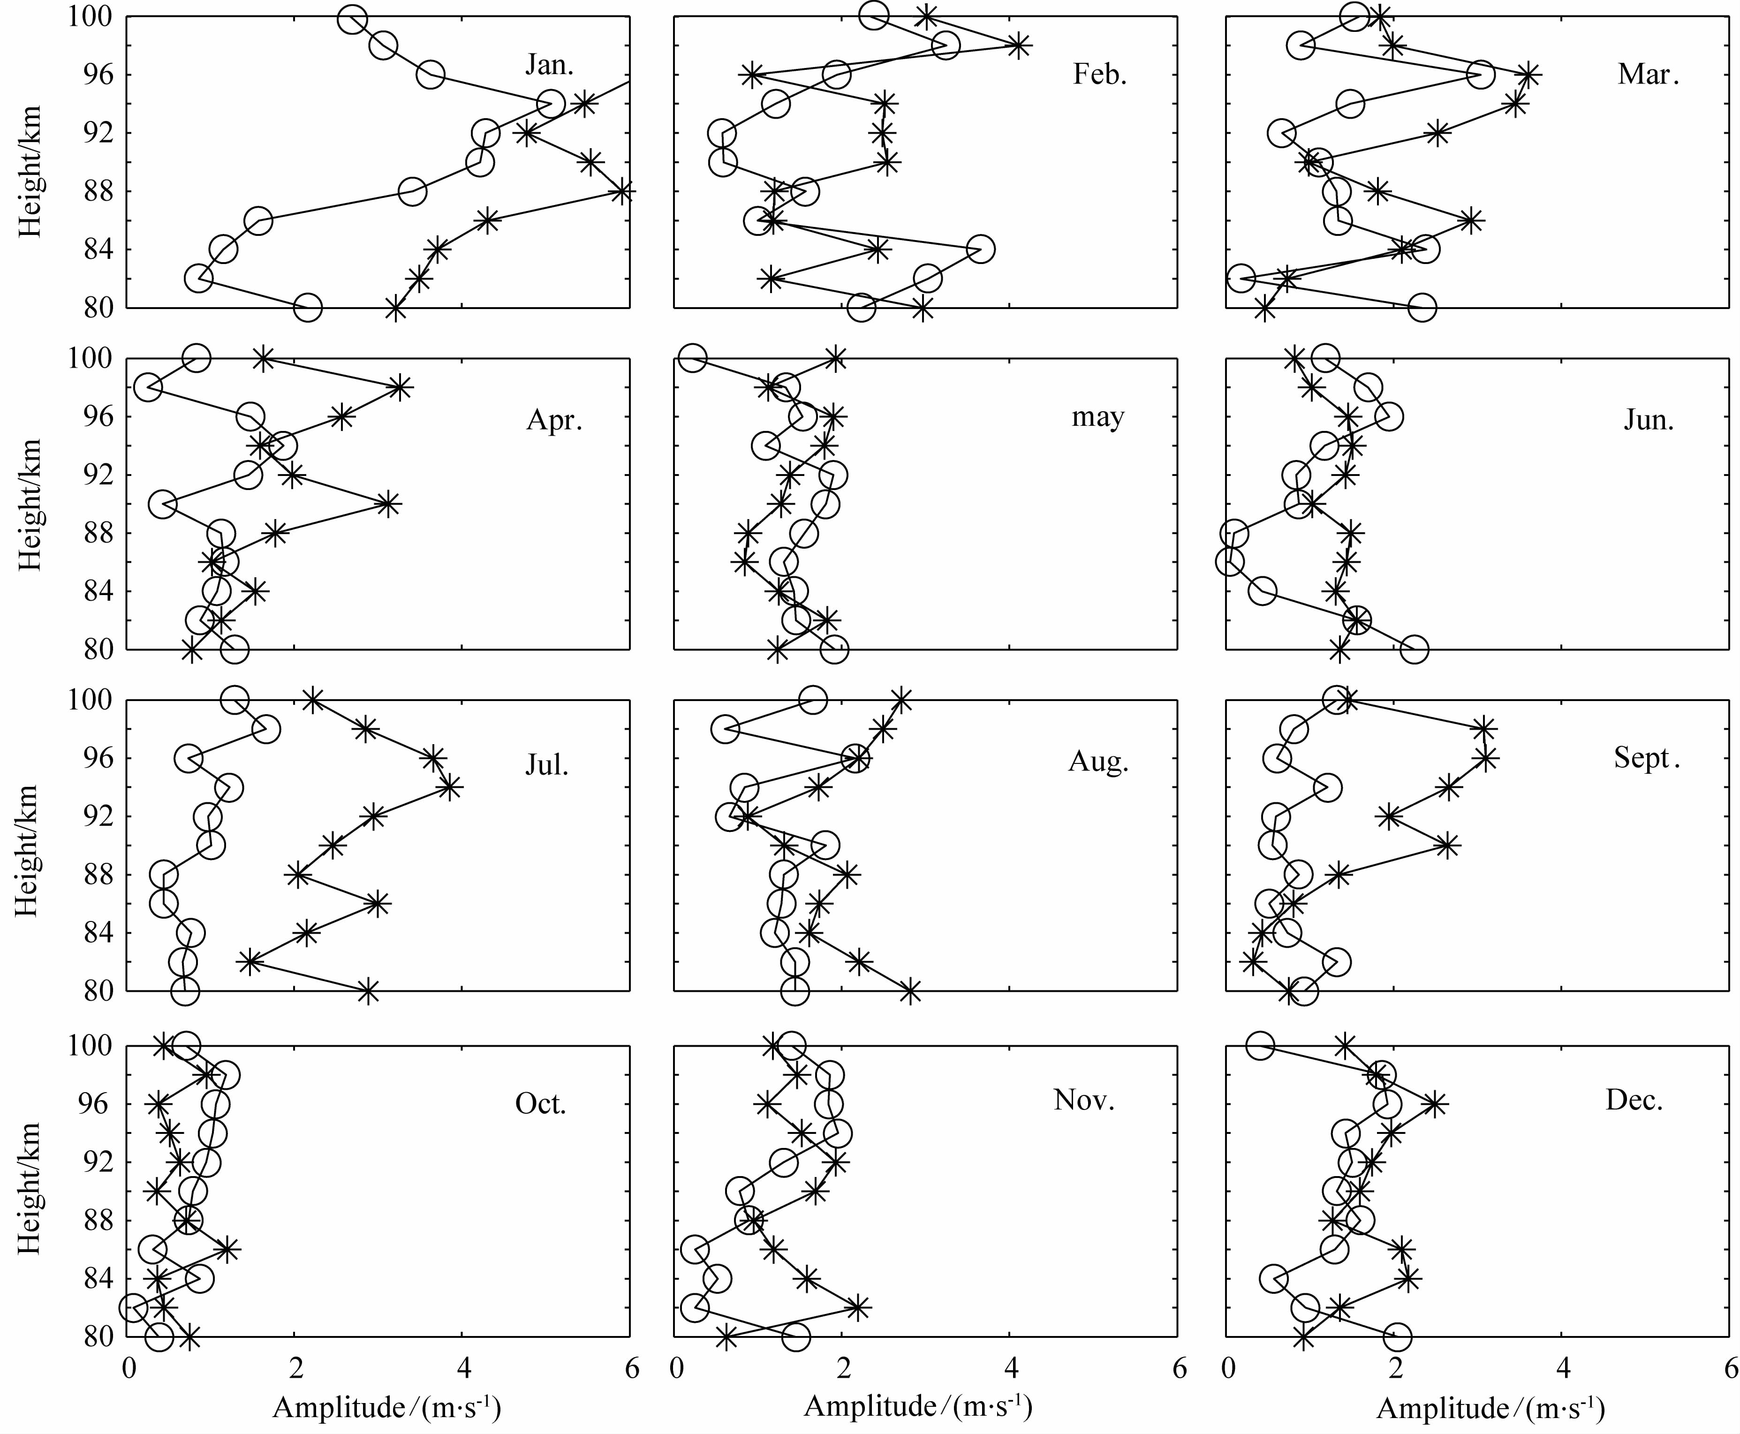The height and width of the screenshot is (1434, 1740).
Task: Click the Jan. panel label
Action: [x=549, y=64]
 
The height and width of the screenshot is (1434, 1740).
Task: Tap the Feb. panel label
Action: [x=1100, y=75]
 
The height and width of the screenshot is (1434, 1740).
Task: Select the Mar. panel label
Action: [x=1648, y=75]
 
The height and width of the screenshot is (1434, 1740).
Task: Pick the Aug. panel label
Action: [x=1098, y=761]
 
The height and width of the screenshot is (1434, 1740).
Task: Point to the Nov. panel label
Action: [x=1084, y=1100]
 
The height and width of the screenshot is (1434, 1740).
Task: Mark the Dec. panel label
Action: [x=1634, y=1100]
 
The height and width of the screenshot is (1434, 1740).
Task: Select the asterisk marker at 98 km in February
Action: [x=1019, y=45]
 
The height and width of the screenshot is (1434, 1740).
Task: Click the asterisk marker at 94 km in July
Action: [x=449, y=787]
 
